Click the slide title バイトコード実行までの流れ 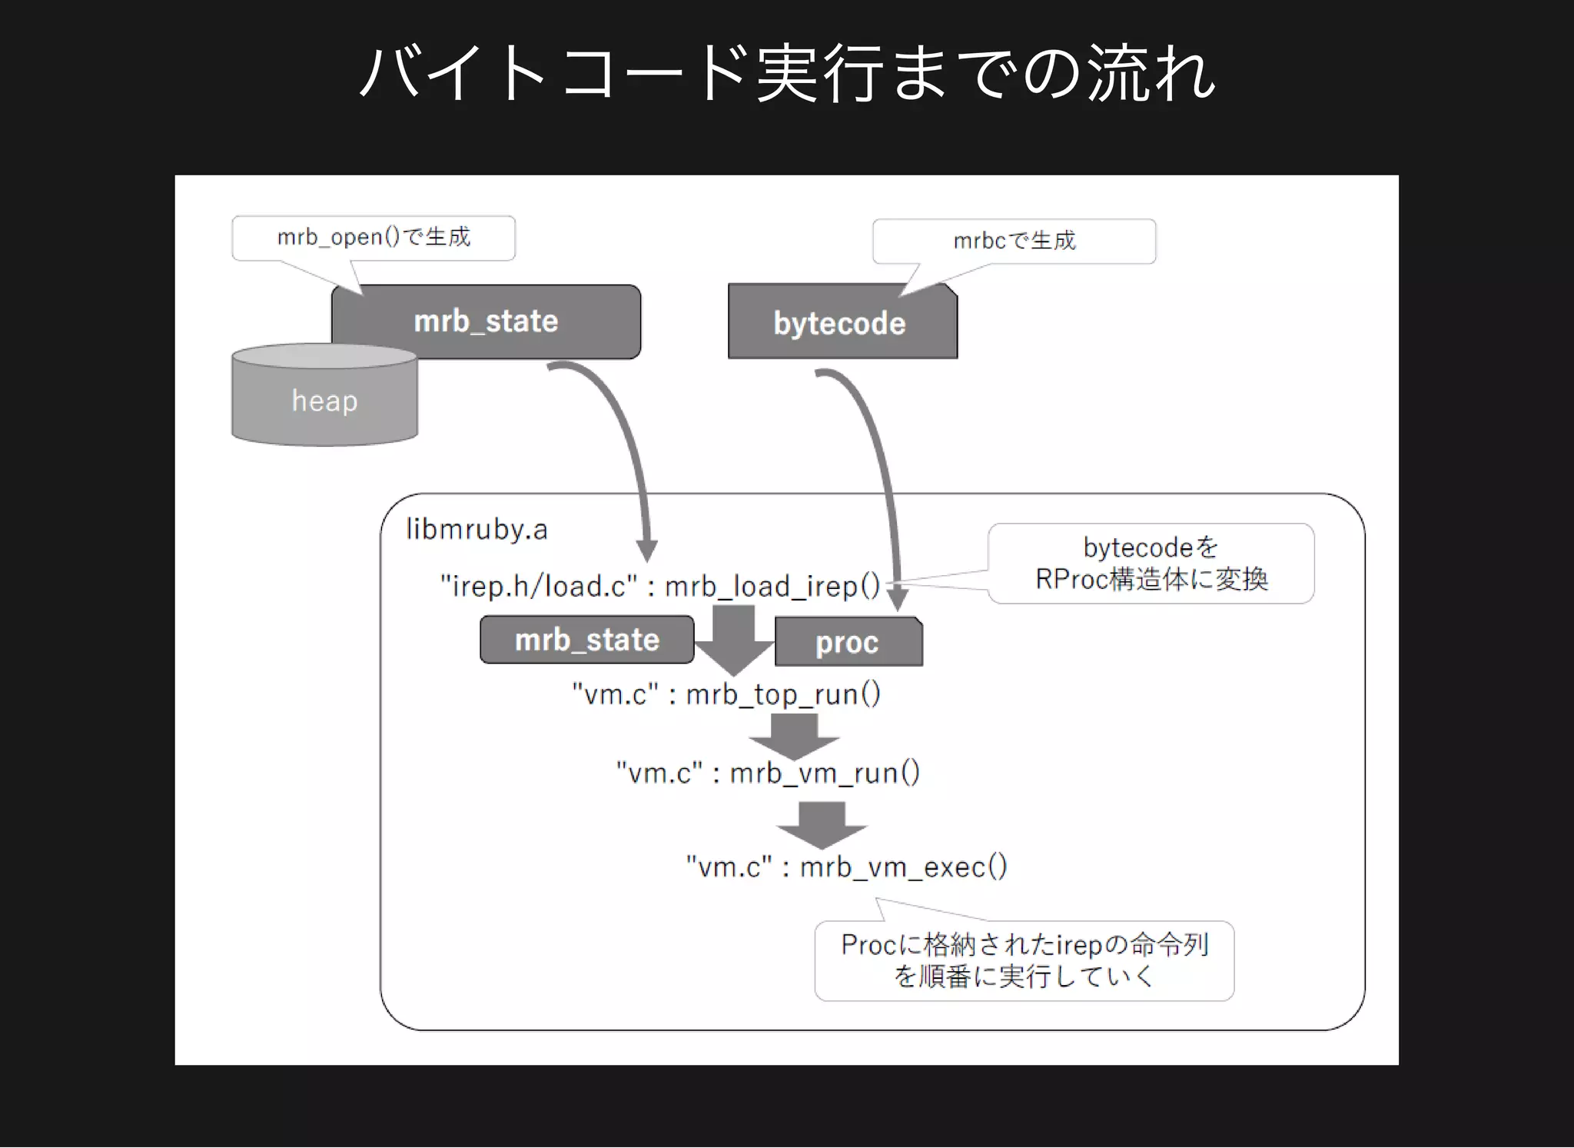click(787, 74)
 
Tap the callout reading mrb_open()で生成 click(374, 238)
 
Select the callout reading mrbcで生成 click(1014, 241)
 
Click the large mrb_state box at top click(486, 321)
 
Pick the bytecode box click(840, 324)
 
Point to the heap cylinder click(324, 401)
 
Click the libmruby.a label click(477, 530)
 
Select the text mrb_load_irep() click(772, 587)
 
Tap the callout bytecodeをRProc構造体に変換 click(1151, 564)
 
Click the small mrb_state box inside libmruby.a click(586, 640)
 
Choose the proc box click(847, 643)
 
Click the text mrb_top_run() click(782, 694)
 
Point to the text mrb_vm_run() click(824, 773)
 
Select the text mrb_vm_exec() click(903, 867)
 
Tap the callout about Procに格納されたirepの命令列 click(1024, 961)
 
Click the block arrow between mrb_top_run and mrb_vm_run click(794, 735)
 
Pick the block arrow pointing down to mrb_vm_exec click(822, 824)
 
